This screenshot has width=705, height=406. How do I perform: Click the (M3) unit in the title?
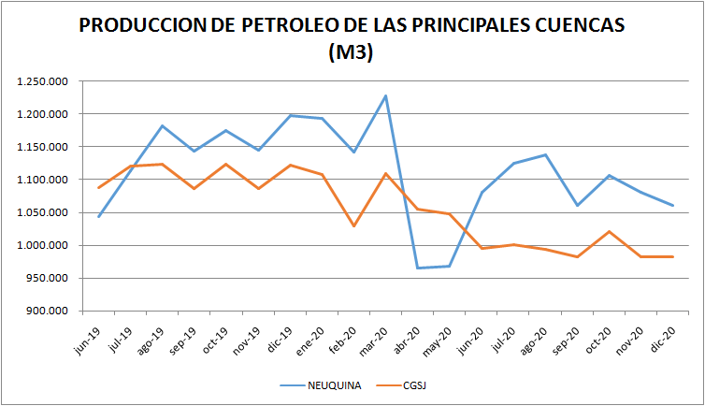pos(352,53)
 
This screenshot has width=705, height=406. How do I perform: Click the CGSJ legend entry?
pos(414,384)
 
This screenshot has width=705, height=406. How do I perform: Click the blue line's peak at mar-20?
pos(386,95)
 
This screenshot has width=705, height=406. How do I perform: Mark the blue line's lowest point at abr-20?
pos(418,268)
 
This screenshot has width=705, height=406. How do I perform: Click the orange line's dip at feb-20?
pos(354,226)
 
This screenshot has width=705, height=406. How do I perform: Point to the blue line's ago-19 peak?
pos(163,125)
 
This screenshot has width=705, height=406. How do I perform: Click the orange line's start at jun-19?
pos(99,188)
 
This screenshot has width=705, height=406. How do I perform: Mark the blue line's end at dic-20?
pos(673,206)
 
